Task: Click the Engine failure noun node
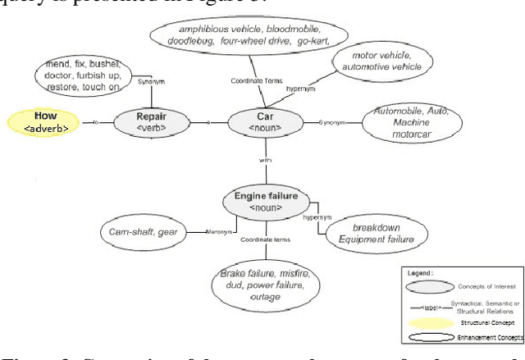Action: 267,202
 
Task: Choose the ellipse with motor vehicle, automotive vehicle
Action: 381,62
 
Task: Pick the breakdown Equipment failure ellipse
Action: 374,234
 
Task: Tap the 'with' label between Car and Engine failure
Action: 264,162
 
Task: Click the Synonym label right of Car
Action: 335,122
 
